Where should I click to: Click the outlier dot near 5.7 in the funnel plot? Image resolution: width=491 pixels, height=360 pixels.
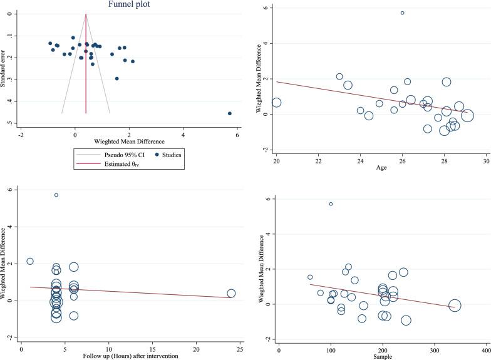(230, 113)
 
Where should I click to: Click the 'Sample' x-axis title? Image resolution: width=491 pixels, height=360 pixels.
(381, 356)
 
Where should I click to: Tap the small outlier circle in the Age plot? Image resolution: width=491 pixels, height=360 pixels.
(402, 13)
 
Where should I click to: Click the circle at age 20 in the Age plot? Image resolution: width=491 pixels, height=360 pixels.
(276, 102)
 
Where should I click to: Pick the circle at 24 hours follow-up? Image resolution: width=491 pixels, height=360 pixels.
(231, 293)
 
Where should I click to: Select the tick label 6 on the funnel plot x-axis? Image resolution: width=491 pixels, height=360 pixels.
(237, 134)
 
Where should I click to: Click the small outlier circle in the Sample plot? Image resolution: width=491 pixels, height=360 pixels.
(331, 203)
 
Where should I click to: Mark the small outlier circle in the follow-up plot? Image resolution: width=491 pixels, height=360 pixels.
(56, 195)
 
